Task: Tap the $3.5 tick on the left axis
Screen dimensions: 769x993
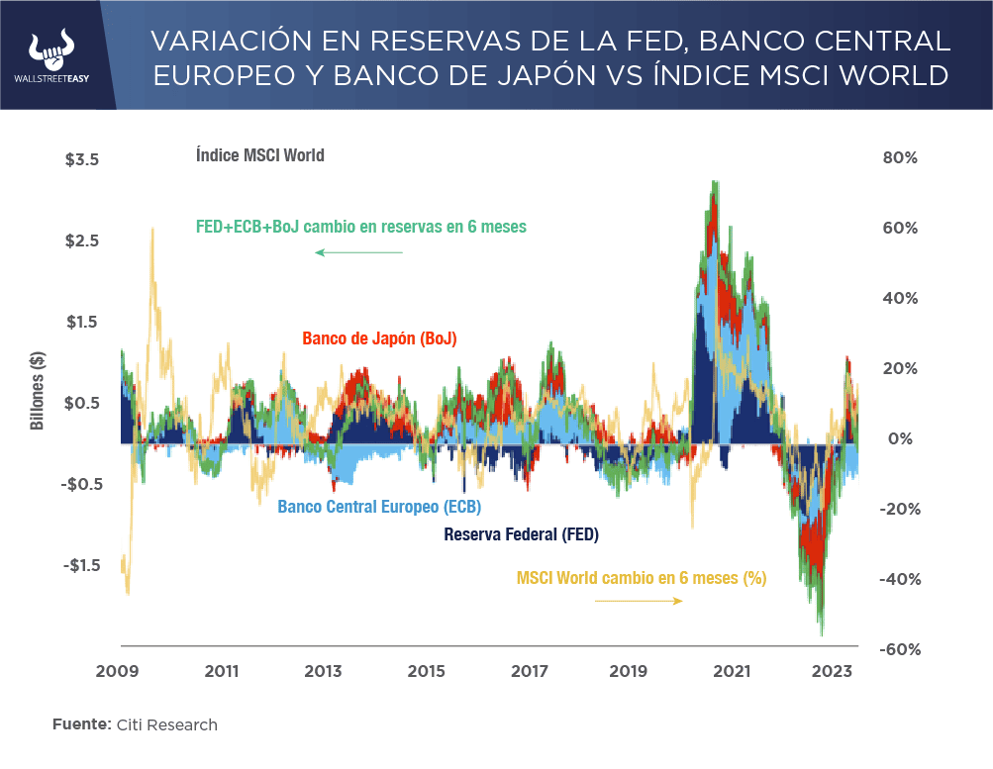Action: tap(81, 158)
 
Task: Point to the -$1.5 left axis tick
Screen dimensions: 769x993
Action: tap(81, 565)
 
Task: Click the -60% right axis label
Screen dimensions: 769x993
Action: tap(901, 649)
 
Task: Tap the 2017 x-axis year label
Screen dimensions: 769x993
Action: tap(530, 671)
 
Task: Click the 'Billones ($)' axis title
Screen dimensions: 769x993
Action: tap(38, 392)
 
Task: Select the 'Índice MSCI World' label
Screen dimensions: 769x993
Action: tap(259, 155)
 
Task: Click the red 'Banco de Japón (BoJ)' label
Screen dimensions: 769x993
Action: tap(379, 338)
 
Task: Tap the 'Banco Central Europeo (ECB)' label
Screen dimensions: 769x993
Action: tap(379, 507)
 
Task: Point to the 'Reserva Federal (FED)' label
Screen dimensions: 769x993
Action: tap(522, 535)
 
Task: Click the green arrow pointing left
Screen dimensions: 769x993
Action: tap(358, 253)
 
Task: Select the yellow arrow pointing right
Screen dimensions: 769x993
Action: tap(640, 601)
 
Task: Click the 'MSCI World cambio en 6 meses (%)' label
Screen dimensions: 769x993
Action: tap(642, 578)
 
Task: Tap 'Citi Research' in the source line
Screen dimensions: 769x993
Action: tap(165, 724)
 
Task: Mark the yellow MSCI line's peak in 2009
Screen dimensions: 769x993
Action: tap(151, 229)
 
